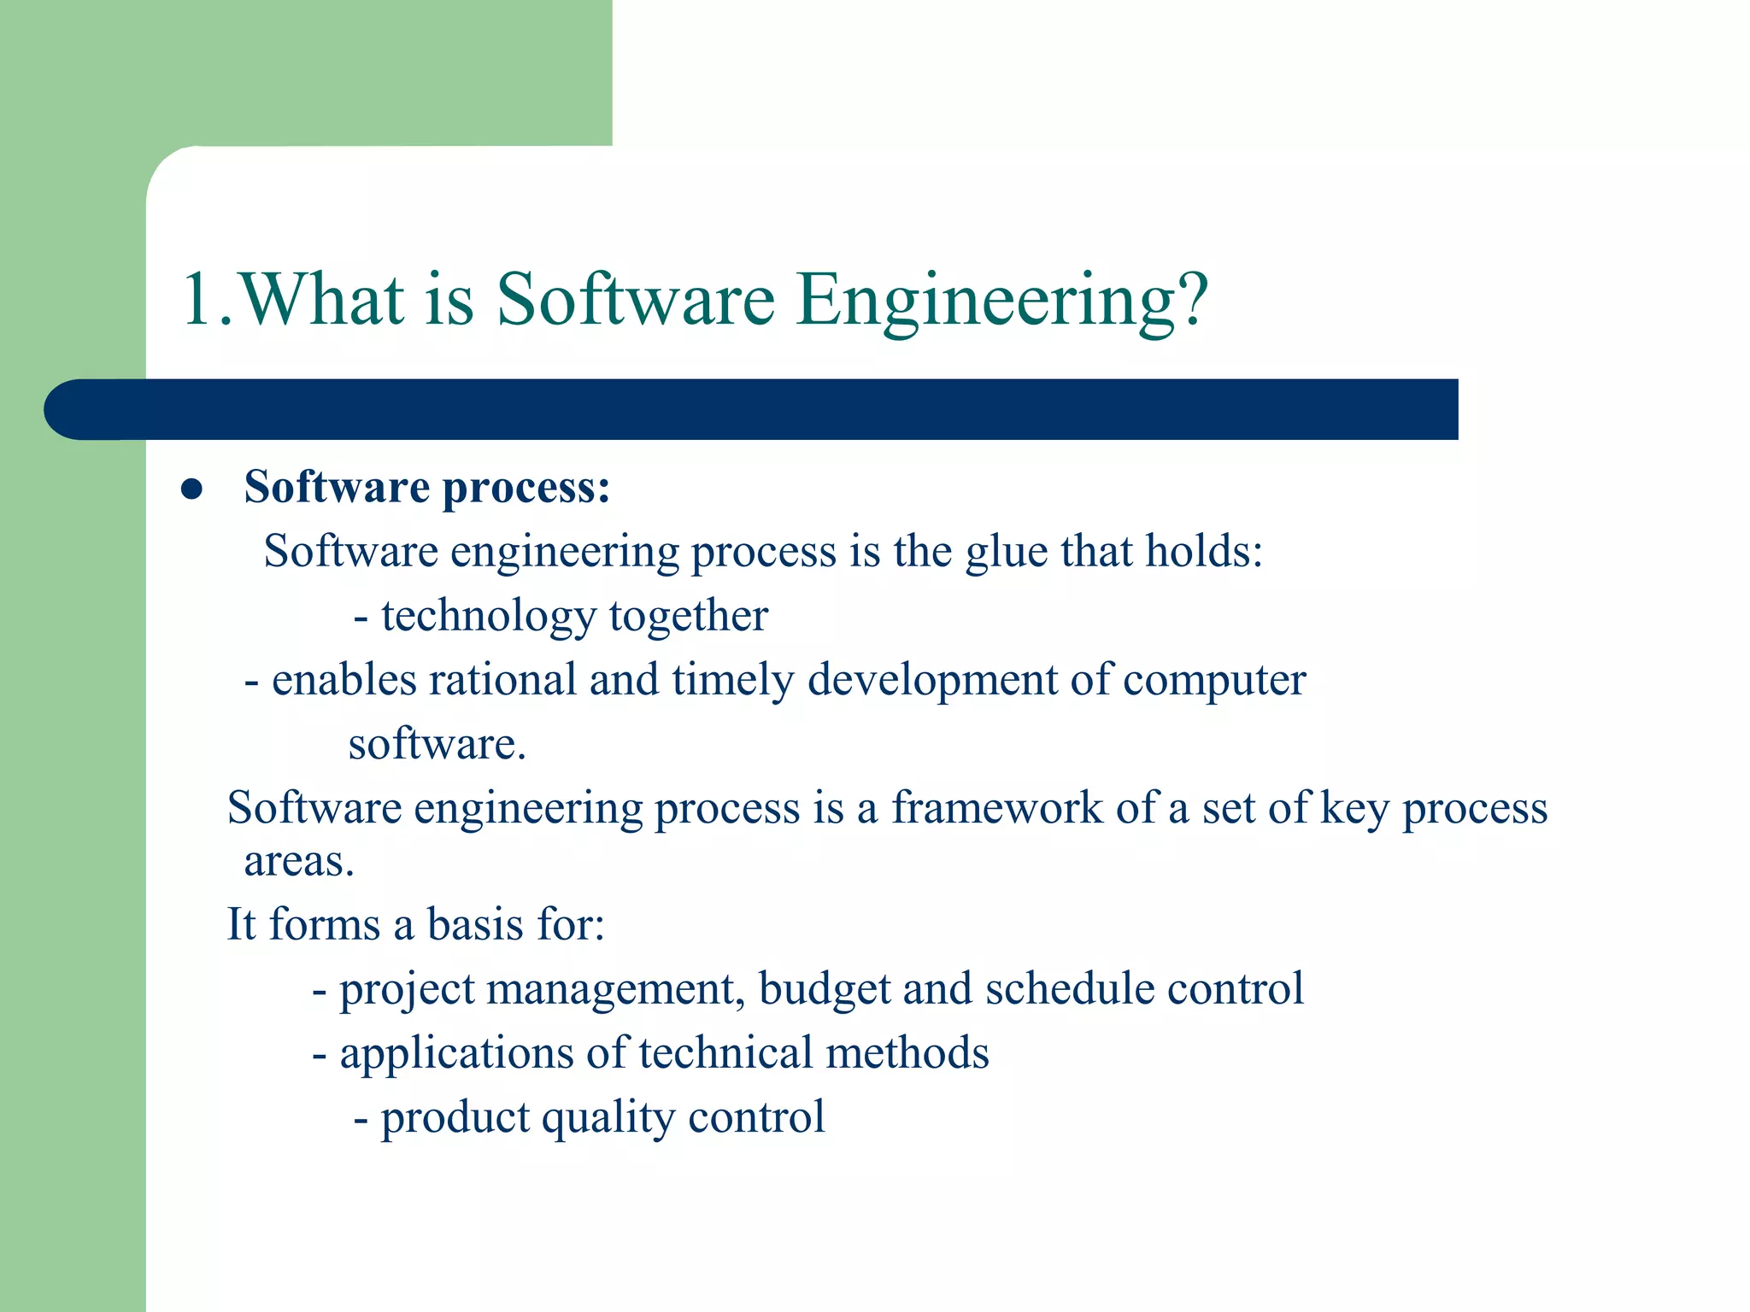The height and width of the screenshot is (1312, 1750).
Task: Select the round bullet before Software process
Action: point(191,489)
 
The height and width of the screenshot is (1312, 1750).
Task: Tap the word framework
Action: point(996,807)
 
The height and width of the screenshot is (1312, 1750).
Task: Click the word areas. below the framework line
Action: point(298,862)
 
